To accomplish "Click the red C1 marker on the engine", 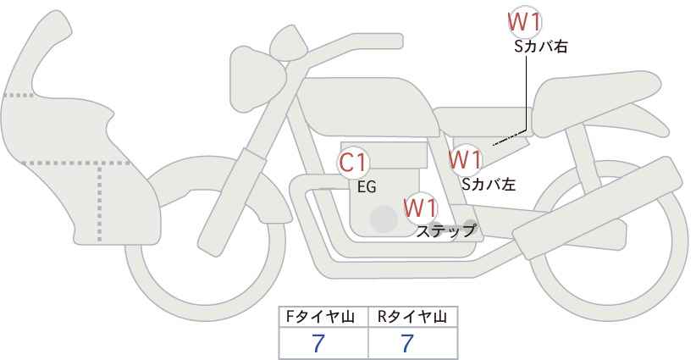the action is point(353,163).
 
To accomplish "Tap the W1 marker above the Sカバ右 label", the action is point(524,22).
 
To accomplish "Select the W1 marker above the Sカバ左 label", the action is point(465,159).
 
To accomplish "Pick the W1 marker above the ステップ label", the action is point(421,208).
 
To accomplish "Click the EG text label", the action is point(367,187).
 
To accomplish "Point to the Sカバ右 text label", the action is point(541,47).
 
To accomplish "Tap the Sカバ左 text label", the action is point(489,184).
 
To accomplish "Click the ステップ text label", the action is point(445,231).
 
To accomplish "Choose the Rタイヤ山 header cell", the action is point(413,317).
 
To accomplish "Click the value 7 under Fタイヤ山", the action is point(318,343).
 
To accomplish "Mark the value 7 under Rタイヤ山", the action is point(407,343).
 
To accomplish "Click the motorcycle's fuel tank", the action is point(367,107).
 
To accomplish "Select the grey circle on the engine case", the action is point(384,219).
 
